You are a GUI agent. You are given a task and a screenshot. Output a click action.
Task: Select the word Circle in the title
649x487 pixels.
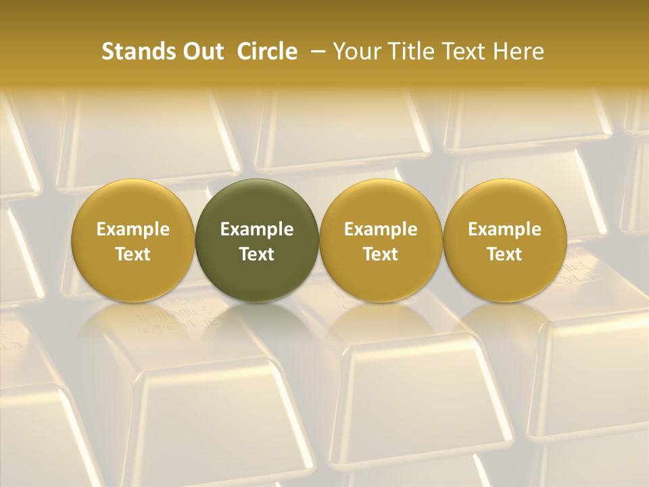(267, 51)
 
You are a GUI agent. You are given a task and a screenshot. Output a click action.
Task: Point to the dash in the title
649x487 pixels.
(317, 51)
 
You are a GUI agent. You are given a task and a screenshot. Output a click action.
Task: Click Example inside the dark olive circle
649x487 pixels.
(257, 229)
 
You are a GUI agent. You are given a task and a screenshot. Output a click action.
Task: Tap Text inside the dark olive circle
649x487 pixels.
(257, 254)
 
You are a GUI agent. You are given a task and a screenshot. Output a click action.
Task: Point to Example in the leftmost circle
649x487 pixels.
(133, 229)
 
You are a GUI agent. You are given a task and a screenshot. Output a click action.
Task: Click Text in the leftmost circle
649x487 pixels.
(133, 254)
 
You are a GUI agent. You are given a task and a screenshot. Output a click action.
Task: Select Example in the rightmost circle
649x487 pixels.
(504, 229)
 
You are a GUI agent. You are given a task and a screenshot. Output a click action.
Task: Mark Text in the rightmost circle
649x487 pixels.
(504, 254)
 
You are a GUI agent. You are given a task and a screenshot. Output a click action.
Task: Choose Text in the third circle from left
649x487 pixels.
(381, 254)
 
